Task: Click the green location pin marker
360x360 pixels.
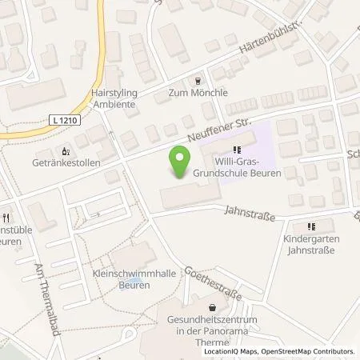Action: click(182, 163)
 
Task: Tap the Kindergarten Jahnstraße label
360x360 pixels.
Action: click(311, 244)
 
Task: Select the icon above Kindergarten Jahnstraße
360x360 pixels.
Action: click(311, 226)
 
